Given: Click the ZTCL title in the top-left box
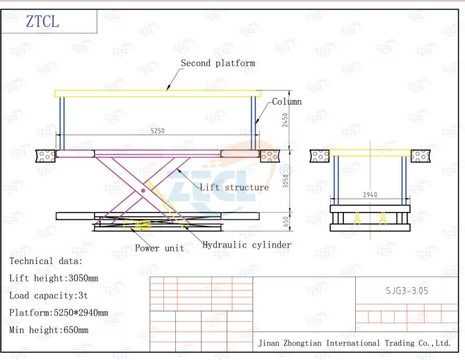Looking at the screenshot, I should coord(43,22).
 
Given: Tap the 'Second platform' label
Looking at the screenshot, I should coord(218,63).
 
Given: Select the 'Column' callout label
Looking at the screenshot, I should coord(286,102).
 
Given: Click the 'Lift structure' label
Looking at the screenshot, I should coord(234,188).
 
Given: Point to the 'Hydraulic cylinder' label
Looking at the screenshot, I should coord(247,245).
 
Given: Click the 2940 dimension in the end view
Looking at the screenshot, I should coord(370,195).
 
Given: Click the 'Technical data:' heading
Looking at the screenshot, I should coord(46,261).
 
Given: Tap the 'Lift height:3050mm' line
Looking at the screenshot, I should coord(54,278).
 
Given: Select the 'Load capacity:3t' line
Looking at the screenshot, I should coord(50,295).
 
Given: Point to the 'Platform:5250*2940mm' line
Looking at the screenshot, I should coord(58,313).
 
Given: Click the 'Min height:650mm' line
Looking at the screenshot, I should coord(49,330).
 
